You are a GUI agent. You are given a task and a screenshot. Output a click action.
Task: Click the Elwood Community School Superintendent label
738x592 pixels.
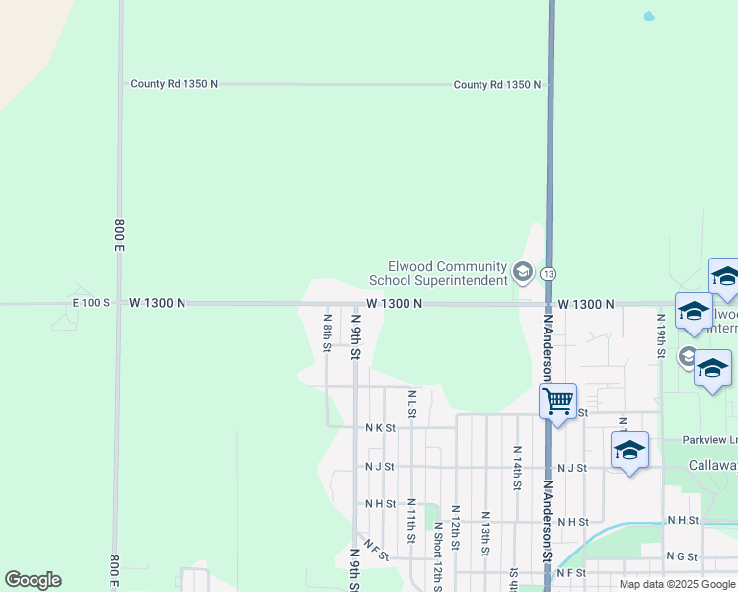coord(447,273)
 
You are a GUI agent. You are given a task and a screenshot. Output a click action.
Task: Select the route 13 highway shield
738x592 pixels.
coord(549,273)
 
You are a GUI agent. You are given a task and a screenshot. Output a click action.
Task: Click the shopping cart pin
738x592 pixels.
coord(557,401)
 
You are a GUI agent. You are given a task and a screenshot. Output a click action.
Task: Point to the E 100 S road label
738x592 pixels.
coord(91,303)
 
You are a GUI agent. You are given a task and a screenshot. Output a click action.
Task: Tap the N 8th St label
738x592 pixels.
coord(327,331)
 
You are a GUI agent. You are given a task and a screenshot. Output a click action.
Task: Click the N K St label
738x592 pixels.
coord(380,428)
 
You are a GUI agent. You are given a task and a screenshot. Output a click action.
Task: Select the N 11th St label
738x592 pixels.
coord(411,520)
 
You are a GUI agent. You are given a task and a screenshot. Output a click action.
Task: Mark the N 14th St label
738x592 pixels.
coord(516,467)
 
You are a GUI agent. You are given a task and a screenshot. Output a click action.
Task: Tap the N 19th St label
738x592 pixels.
coord(660,335)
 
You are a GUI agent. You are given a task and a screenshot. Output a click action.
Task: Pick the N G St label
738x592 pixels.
coord(682,556)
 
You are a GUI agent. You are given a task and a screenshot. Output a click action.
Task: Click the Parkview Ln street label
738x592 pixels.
coord(708,439)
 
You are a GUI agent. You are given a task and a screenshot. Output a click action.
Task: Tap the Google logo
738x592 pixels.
coord(34,580)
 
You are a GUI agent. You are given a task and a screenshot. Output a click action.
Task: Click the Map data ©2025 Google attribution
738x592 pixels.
coord(677,584)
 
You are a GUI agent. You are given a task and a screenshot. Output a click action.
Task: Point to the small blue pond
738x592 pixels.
coord(648,17)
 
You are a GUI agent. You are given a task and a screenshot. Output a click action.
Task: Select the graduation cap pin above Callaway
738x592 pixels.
coord(629,451)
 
